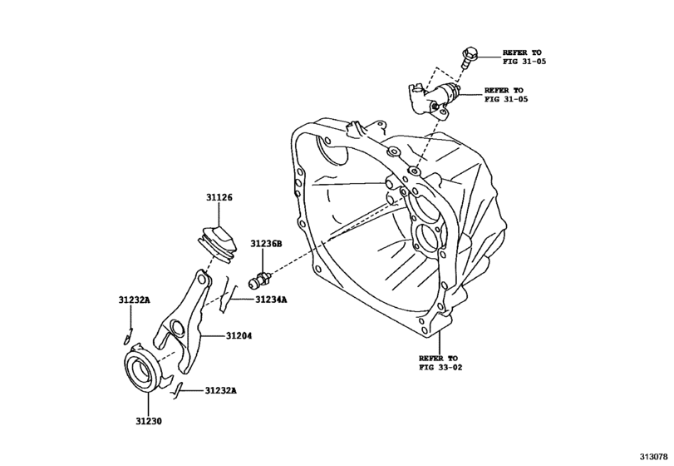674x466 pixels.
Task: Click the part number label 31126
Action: click(x=220, y=197)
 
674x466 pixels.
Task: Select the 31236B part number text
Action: click(x=266, y=244)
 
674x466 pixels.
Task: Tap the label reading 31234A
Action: click(x=271, y=300)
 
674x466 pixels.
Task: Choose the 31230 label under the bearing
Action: click(x=150, y=422)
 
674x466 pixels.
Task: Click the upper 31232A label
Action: click(x=133, y=300)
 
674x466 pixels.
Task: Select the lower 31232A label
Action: click(x=221, y=390)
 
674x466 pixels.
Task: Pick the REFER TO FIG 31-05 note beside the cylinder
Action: click(x=504, y=95)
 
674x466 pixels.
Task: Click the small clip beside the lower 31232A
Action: click(x=177, y=388)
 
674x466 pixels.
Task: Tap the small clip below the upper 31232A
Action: click(x=126, y=336)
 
